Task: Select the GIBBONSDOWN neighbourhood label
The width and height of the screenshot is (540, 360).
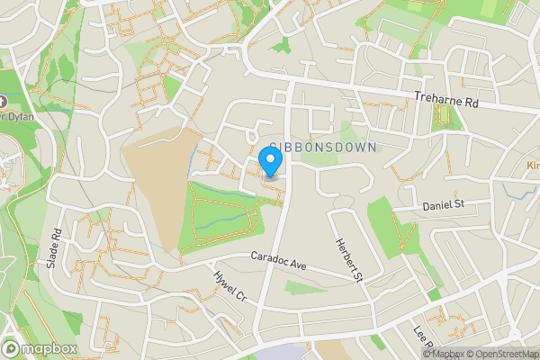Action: pos(321,146)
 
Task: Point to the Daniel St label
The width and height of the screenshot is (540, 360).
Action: pos(443,206)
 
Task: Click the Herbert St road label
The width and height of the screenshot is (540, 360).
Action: pos(349,261)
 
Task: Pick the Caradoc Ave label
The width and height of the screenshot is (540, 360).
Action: pos(279,263)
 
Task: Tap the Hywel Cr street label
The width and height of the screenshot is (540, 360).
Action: pos(229,286)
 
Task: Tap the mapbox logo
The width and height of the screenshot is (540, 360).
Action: pos(40,348)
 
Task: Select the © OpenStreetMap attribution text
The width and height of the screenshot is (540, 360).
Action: pos(501,354)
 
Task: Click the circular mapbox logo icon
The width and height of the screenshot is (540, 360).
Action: pos(12,348)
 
